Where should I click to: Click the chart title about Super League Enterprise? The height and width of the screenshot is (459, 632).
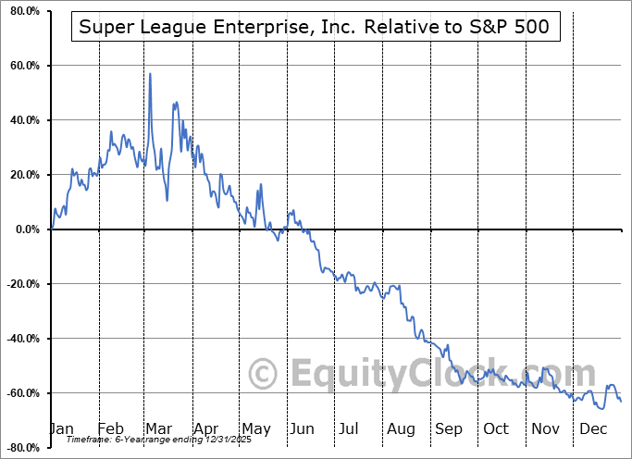tap(314, 27)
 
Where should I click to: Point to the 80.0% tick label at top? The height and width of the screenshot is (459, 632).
tap(21, 12)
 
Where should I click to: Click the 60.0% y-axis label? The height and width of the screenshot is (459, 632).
tap(21, 67)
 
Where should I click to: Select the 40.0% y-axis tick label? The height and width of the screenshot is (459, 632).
tap(21, 120)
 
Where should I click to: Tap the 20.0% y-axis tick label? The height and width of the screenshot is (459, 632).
tap(21, 175)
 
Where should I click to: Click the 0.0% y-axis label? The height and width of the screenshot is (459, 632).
tap(24, 229)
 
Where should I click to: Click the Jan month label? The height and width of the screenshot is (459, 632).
tap(61, 428)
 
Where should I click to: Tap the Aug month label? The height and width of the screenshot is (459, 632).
tap(401, 428)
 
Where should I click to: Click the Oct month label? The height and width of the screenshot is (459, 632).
tap(497, 428)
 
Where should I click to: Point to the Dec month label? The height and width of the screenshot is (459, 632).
tap(592, 428)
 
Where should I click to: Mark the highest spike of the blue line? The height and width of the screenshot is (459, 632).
tap(150, 74)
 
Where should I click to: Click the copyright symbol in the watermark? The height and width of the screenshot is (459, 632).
tap(264, 374)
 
